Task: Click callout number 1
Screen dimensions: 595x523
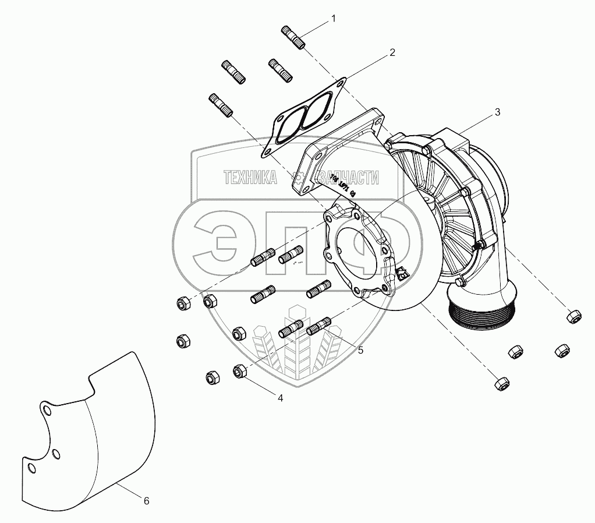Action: (x=334, y=19)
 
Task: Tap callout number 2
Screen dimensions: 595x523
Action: (x=392, y=52)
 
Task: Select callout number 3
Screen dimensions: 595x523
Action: (x=497, y=113)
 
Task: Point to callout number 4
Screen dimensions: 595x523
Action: (x=280, y=398)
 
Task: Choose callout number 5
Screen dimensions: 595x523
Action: (x=360, y=350)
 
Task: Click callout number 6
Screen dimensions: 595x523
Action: (x=146, y=500)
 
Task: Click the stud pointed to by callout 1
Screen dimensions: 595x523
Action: (x=293, y=37)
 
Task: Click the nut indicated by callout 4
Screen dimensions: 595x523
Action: (x=239, y=370)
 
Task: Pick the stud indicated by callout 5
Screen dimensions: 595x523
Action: (x=318, y=326)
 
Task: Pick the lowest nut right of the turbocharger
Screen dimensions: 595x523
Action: (x=501, y=383)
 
